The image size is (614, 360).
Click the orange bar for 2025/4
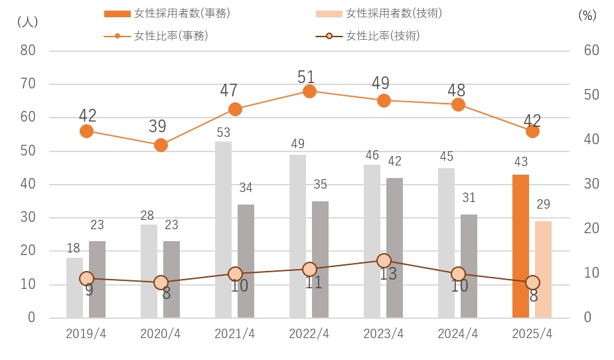click(520, 246)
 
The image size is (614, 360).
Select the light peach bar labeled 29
click(543, 269)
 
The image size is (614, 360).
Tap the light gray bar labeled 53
click(224, 229)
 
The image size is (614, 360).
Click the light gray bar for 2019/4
click(74, 288)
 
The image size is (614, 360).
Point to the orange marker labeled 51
click(309, 91)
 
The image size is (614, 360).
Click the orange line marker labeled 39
click(161, 145)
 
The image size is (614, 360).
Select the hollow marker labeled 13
click(384, 261)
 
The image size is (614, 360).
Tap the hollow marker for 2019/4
click(86, 278)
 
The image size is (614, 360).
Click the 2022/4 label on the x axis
click(309, 333)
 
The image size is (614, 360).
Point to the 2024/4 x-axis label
click(458, 333)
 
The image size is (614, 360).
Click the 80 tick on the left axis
click(28, 50)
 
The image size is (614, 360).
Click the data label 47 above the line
click(228, 90)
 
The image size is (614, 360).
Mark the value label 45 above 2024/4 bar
click(446, 156)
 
